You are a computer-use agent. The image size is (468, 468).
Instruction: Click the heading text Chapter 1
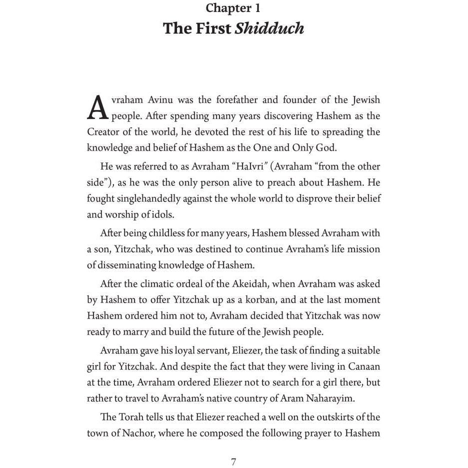click(233, 8)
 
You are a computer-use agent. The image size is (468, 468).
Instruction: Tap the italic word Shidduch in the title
click(269, 28)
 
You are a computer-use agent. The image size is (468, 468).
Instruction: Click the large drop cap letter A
click(97, 107)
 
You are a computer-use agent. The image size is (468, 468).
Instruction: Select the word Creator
click(103, 132)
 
